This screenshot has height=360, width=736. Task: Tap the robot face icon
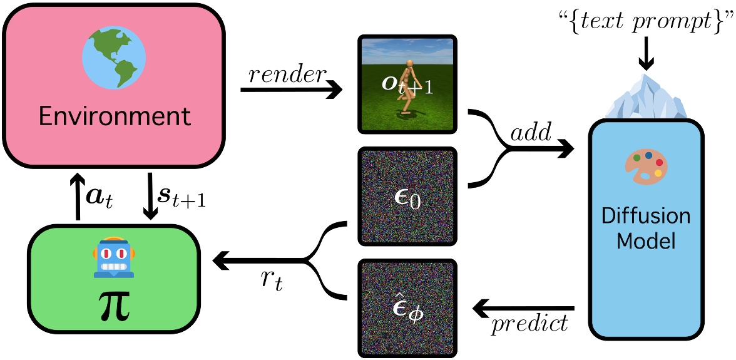[x=113, y=257]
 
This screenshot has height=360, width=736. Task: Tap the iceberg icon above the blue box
[x=645, y=98]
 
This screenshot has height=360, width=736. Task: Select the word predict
[x=530, y=324]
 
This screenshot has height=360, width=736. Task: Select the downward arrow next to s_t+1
[x=151, y=197]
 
